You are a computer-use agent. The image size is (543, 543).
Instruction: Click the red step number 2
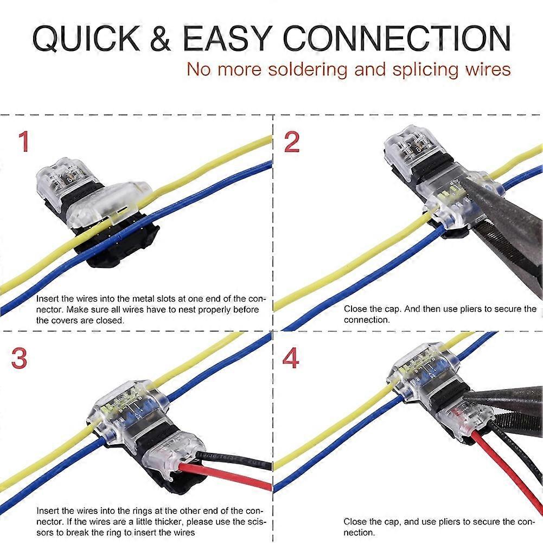point(292,142)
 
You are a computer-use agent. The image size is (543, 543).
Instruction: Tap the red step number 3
point(20,359)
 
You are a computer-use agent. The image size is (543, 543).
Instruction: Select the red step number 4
point(291,359)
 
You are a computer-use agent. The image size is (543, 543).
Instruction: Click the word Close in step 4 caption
point(354,521)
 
